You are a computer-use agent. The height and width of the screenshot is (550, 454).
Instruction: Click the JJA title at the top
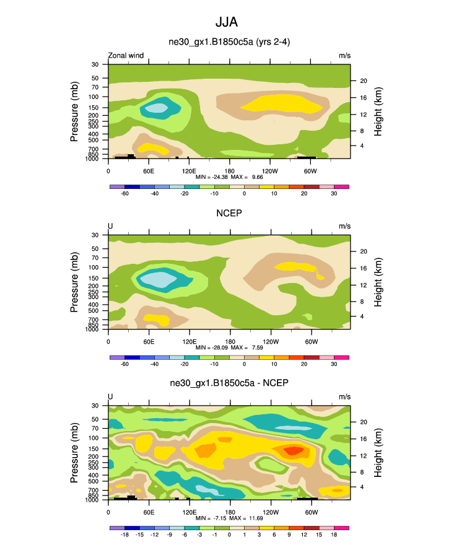(x=226, y=23)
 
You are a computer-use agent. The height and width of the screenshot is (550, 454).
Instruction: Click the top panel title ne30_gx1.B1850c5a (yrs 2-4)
(x=230, y=43)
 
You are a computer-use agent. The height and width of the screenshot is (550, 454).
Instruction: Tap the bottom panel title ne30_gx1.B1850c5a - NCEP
(x=230, y=385)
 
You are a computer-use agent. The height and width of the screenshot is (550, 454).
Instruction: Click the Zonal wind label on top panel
(x=126, y=56)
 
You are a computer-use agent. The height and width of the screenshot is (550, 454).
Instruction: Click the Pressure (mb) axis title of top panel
(x=74, y=111)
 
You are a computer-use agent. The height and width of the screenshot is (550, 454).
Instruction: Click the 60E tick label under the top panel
(x=149, y=170)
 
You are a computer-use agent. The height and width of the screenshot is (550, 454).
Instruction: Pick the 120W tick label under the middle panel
(x=270, y=341)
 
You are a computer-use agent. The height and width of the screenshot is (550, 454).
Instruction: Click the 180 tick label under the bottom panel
(x=229, y=512)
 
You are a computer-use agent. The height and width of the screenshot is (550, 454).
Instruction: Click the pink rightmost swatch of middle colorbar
(x=342, y=357)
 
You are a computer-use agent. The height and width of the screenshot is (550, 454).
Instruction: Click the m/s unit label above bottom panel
(x=344, y=397)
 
